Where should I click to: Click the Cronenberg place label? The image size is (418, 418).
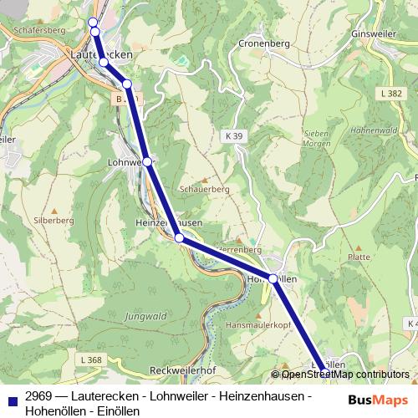pos(263,43)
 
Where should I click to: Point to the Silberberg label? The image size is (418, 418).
pos(54,220)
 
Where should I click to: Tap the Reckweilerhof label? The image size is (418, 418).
pos(182,370)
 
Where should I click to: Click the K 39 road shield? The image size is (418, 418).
pos(234,135)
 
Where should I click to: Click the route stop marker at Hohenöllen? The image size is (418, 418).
pos(273,278)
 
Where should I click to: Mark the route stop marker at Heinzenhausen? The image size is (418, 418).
pos(179,238)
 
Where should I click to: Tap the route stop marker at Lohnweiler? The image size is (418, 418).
pos(146,161)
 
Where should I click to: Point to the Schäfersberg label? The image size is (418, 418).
pos(34,30)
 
